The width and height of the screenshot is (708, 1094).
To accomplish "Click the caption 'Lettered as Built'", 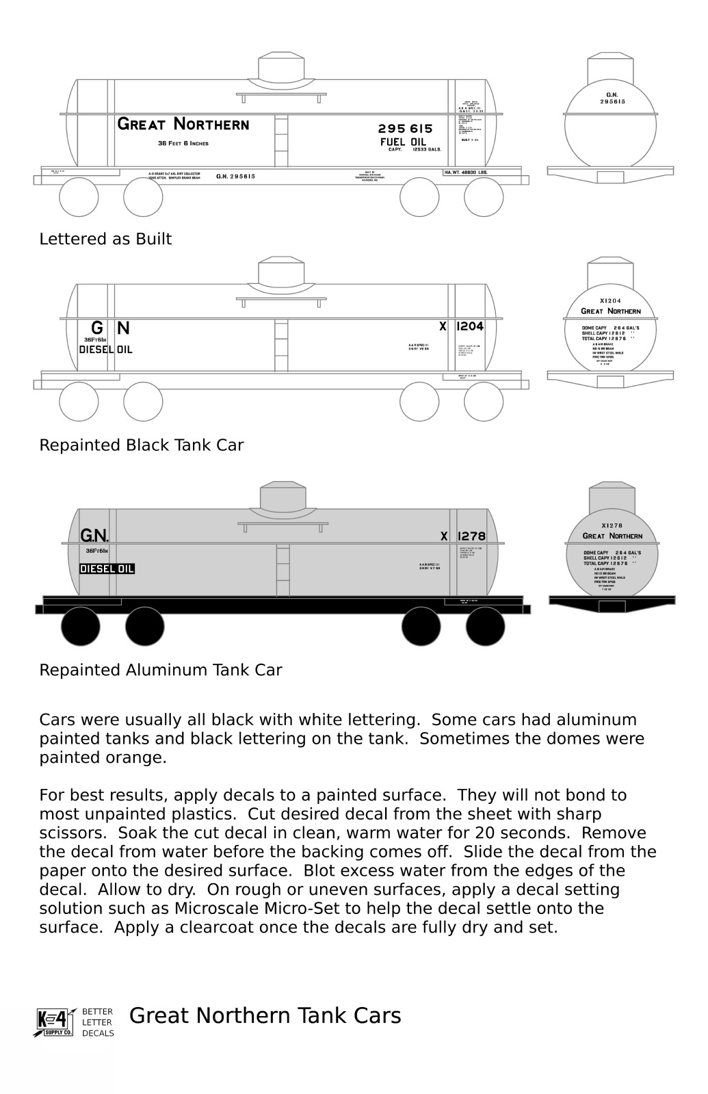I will (105, 239).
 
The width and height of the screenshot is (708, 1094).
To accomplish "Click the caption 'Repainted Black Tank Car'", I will (141, 445).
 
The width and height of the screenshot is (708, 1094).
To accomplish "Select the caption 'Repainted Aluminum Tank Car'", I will (160, 670).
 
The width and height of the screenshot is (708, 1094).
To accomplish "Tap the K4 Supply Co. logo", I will (54, 1022).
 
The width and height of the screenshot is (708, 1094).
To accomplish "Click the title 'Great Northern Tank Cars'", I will (265, 1016).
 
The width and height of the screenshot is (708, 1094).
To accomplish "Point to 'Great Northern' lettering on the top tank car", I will (183, 124).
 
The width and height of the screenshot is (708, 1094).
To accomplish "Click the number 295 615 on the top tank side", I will (405, 129).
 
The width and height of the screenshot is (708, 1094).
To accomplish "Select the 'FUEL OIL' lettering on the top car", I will (403, 142).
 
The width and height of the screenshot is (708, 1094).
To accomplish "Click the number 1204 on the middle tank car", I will (469, 326).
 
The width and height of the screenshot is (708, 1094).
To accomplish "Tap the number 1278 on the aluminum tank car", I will (471, 536).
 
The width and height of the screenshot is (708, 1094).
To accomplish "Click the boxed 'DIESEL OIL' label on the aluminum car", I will (107, 569).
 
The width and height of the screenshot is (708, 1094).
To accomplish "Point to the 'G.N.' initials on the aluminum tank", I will (94, 535).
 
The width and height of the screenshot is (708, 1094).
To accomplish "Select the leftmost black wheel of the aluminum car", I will (81, 626).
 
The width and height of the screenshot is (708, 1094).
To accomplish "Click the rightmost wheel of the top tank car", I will (484, 197).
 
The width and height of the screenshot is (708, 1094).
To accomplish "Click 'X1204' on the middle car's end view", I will (610, 300).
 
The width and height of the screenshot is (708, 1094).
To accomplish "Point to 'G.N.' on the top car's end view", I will (612, 94).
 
